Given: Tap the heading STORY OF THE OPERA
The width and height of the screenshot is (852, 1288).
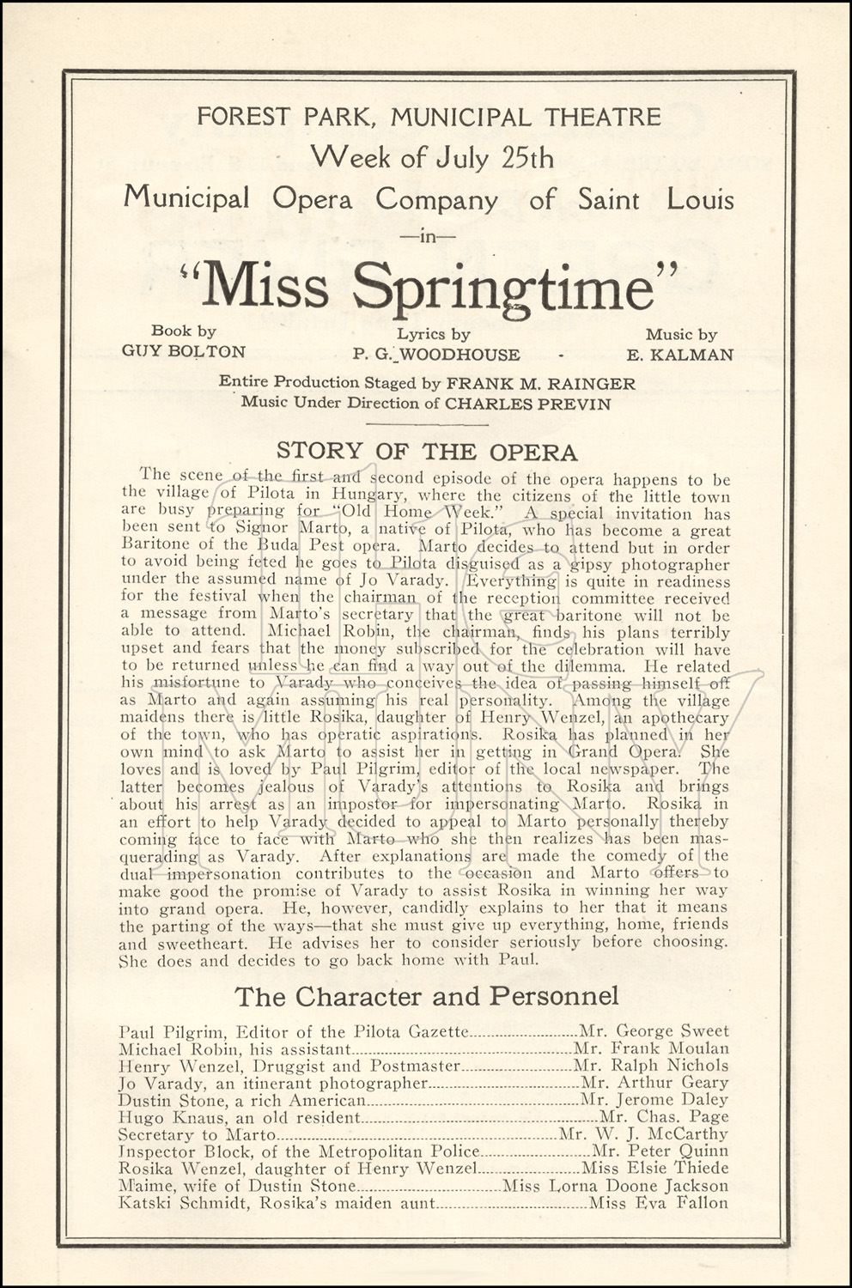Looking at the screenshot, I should point(426,452).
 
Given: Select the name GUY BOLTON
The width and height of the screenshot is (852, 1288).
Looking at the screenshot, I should point(184,351).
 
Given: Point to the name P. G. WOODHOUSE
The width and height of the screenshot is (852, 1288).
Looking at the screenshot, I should point(435,355).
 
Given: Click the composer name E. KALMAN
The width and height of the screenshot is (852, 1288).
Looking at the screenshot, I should point(680,355).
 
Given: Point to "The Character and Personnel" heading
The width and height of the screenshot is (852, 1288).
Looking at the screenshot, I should point(426,996).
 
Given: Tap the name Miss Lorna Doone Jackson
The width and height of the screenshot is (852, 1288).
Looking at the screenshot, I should point(615,1186).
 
